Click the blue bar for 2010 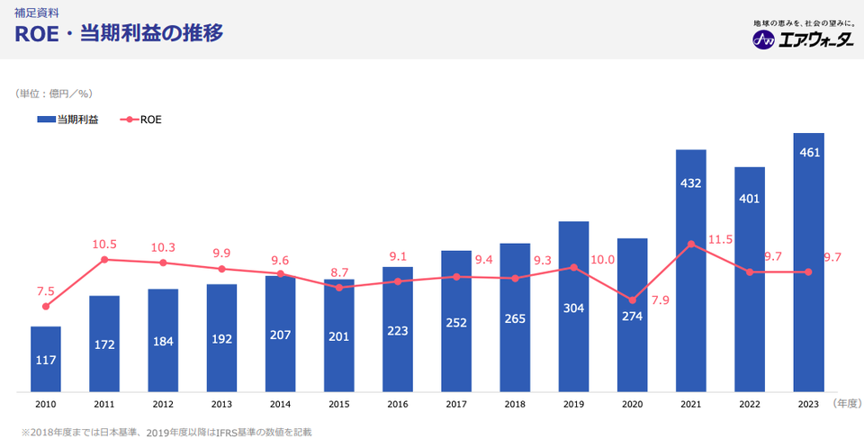46,359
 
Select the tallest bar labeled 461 808,262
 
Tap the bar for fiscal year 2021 690,270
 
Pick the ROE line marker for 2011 104,259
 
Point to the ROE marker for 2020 632,300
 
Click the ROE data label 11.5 721,239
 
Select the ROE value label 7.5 46,291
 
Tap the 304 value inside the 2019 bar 573,308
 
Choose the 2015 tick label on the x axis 338,406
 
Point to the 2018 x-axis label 515,406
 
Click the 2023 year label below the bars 808,406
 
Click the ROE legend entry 140,119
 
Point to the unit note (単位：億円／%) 54,93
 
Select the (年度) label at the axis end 847,405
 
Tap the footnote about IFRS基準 167,433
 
